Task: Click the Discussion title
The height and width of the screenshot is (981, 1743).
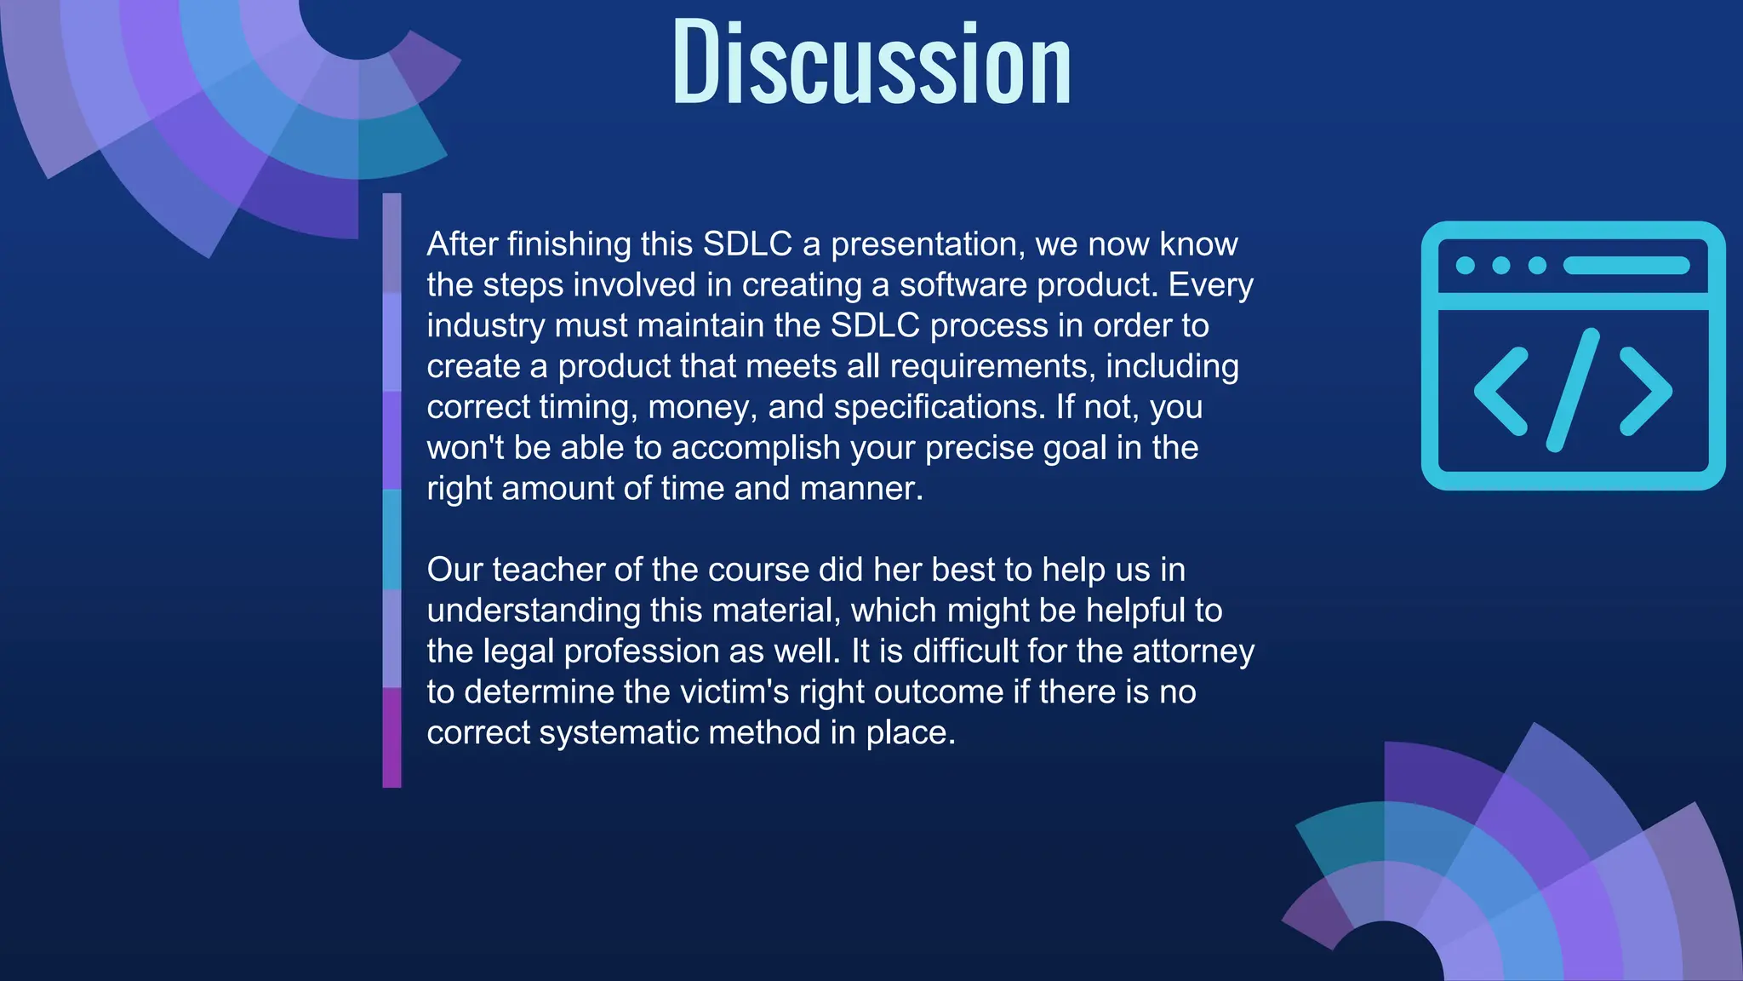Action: [871, 64]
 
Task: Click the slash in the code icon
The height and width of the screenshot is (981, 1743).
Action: [1573, 390]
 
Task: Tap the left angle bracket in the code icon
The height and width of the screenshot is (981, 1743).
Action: [1501, 391]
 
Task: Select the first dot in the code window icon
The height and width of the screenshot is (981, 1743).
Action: [1466, 266]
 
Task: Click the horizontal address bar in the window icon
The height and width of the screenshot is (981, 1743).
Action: [1626, 266]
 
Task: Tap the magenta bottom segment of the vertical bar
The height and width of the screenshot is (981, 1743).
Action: [391, 737]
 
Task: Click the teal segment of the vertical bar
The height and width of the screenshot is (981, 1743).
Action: [391, 539]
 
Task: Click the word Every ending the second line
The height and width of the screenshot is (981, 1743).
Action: [1210, 285]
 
